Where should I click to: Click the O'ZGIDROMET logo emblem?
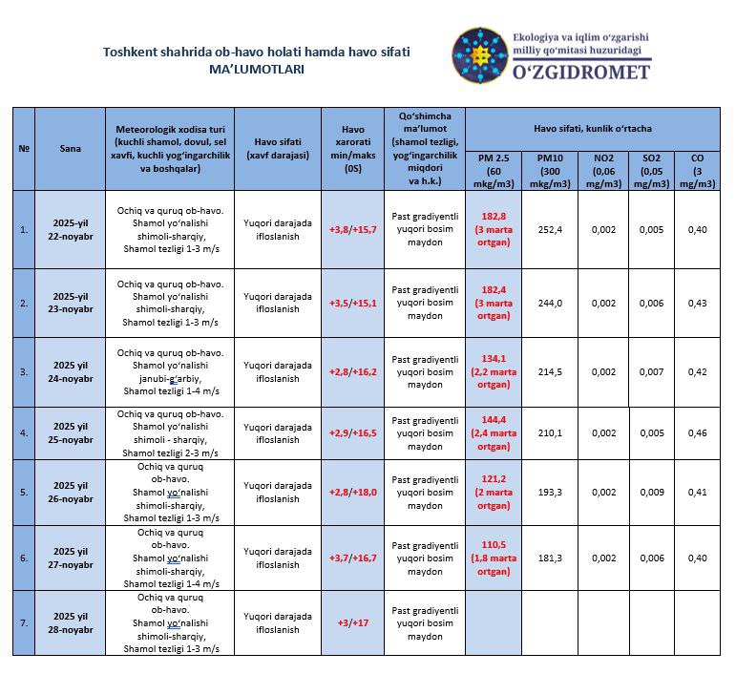click(x=480, y=55)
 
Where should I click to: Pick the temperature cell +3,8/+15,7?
click(x=353, y=229)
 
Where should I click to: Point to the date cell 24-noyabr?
click(x=73, y=371)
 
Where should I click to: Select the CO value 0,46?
click(x=698, y=432)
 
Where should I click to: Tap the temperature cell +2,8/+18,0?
click(x=353, y=492)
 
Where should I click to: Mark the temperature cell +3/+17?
click(x=353, y=621)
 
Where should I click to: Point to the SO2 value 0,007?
click(x=651, y=371)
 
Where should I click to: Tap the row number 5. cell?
click(x=24, y=492)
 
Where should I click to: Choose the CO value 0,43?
click(x=698, y=303)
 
